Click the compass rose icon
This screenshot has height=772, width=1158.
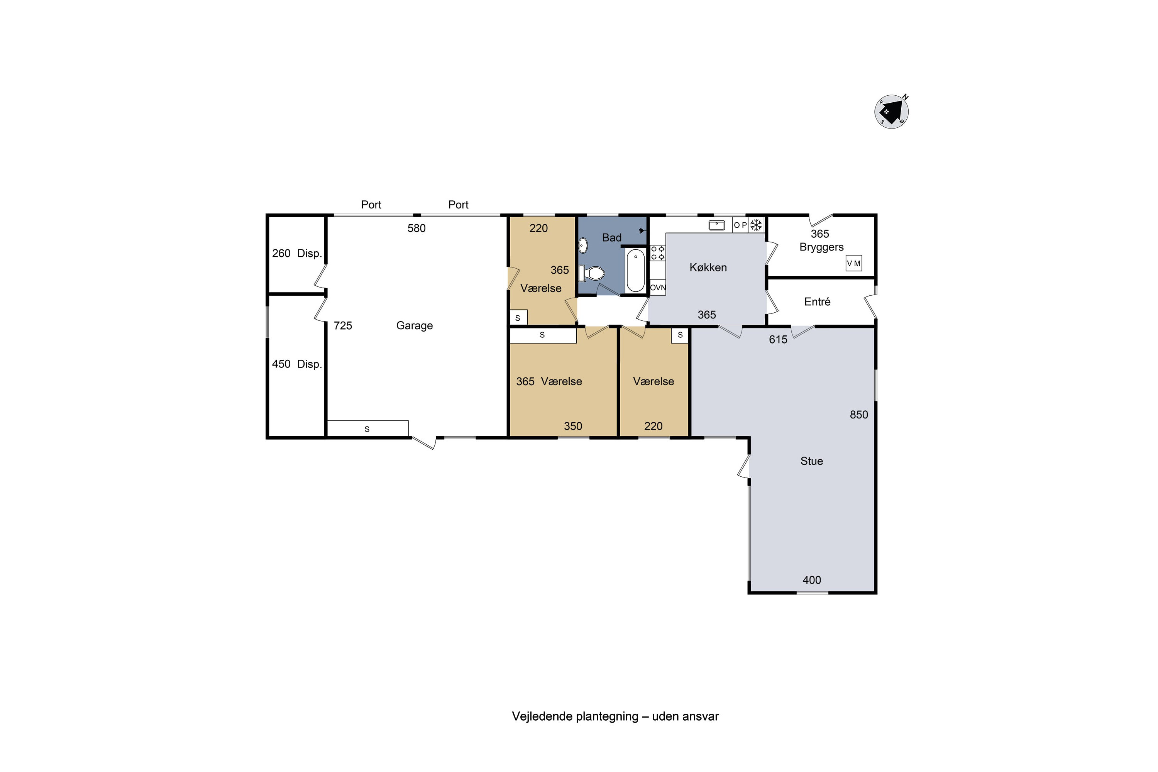click(x=891, y=112)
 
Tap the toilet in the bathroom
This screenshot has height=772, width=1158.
click(x=592, y=273)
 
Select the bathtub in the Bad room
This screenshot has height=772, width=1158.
click(x=636, y=270)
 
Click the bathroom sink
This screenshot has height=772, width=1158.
click(x=583, y=245)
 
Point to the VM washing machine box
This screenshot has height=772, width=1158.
click(x=854, y=263)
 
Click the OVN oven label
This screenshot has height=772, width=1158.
click(x=658, y=288)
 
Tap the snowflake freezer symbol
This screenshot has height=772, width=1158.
click(x=756, y=225)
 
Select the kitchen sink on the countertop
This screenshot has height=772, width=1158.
click(x=716, y=225)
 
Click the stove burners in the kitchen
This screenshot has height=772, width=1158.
click(x=658, y=253)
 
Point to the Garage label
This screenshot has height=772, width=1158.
click(x=415, y=326)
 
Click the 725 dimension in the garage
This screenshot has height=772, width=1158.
click(x=343, y=325)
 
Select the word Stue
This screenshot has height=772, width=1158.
click(x=811, y=461)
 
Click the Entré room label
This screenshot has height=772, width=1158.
click(x=817, y=301)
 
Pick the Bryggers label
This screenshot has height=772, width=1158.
click(x=821, y=247)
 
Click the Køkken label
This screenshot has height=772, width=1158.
click(x=708, y=267)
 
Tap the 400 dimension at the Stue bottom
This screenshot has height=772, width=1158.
click(x=812, y=580)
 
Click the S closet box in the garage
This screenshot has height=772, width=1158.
click(x=368, y=428)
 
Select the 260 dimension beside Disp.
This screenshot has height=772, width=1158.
click(x=281, y=253)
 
